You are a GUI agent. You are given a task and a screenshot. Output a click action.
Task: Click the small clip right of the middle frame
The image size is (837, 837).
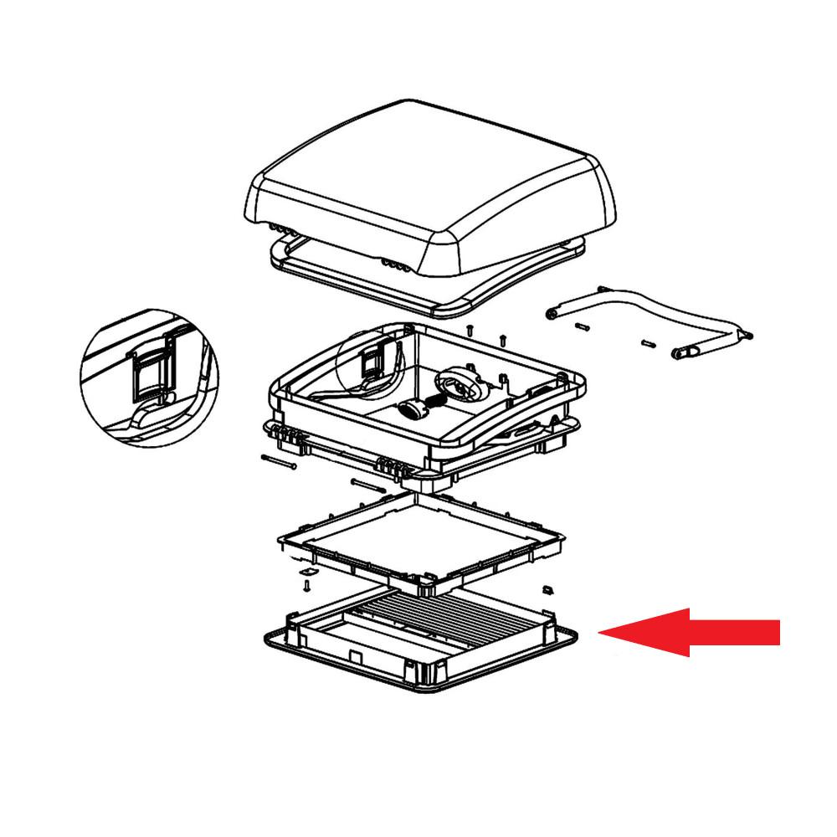pyautogui.click(x=549, y=589)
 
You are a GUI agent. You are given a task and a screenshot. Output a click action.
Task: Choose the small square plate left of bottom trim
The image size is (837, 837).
pyautogui.click(x=309, y=571)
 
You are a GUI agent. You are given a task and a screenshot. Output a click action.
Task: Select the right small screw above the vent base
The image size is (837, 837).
pyautogui.click(x=502, y=340)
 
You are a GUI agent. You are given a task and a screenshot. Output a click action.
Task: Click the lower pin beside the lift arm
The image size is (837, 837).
pyautogui.click(x=648, y=343)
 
